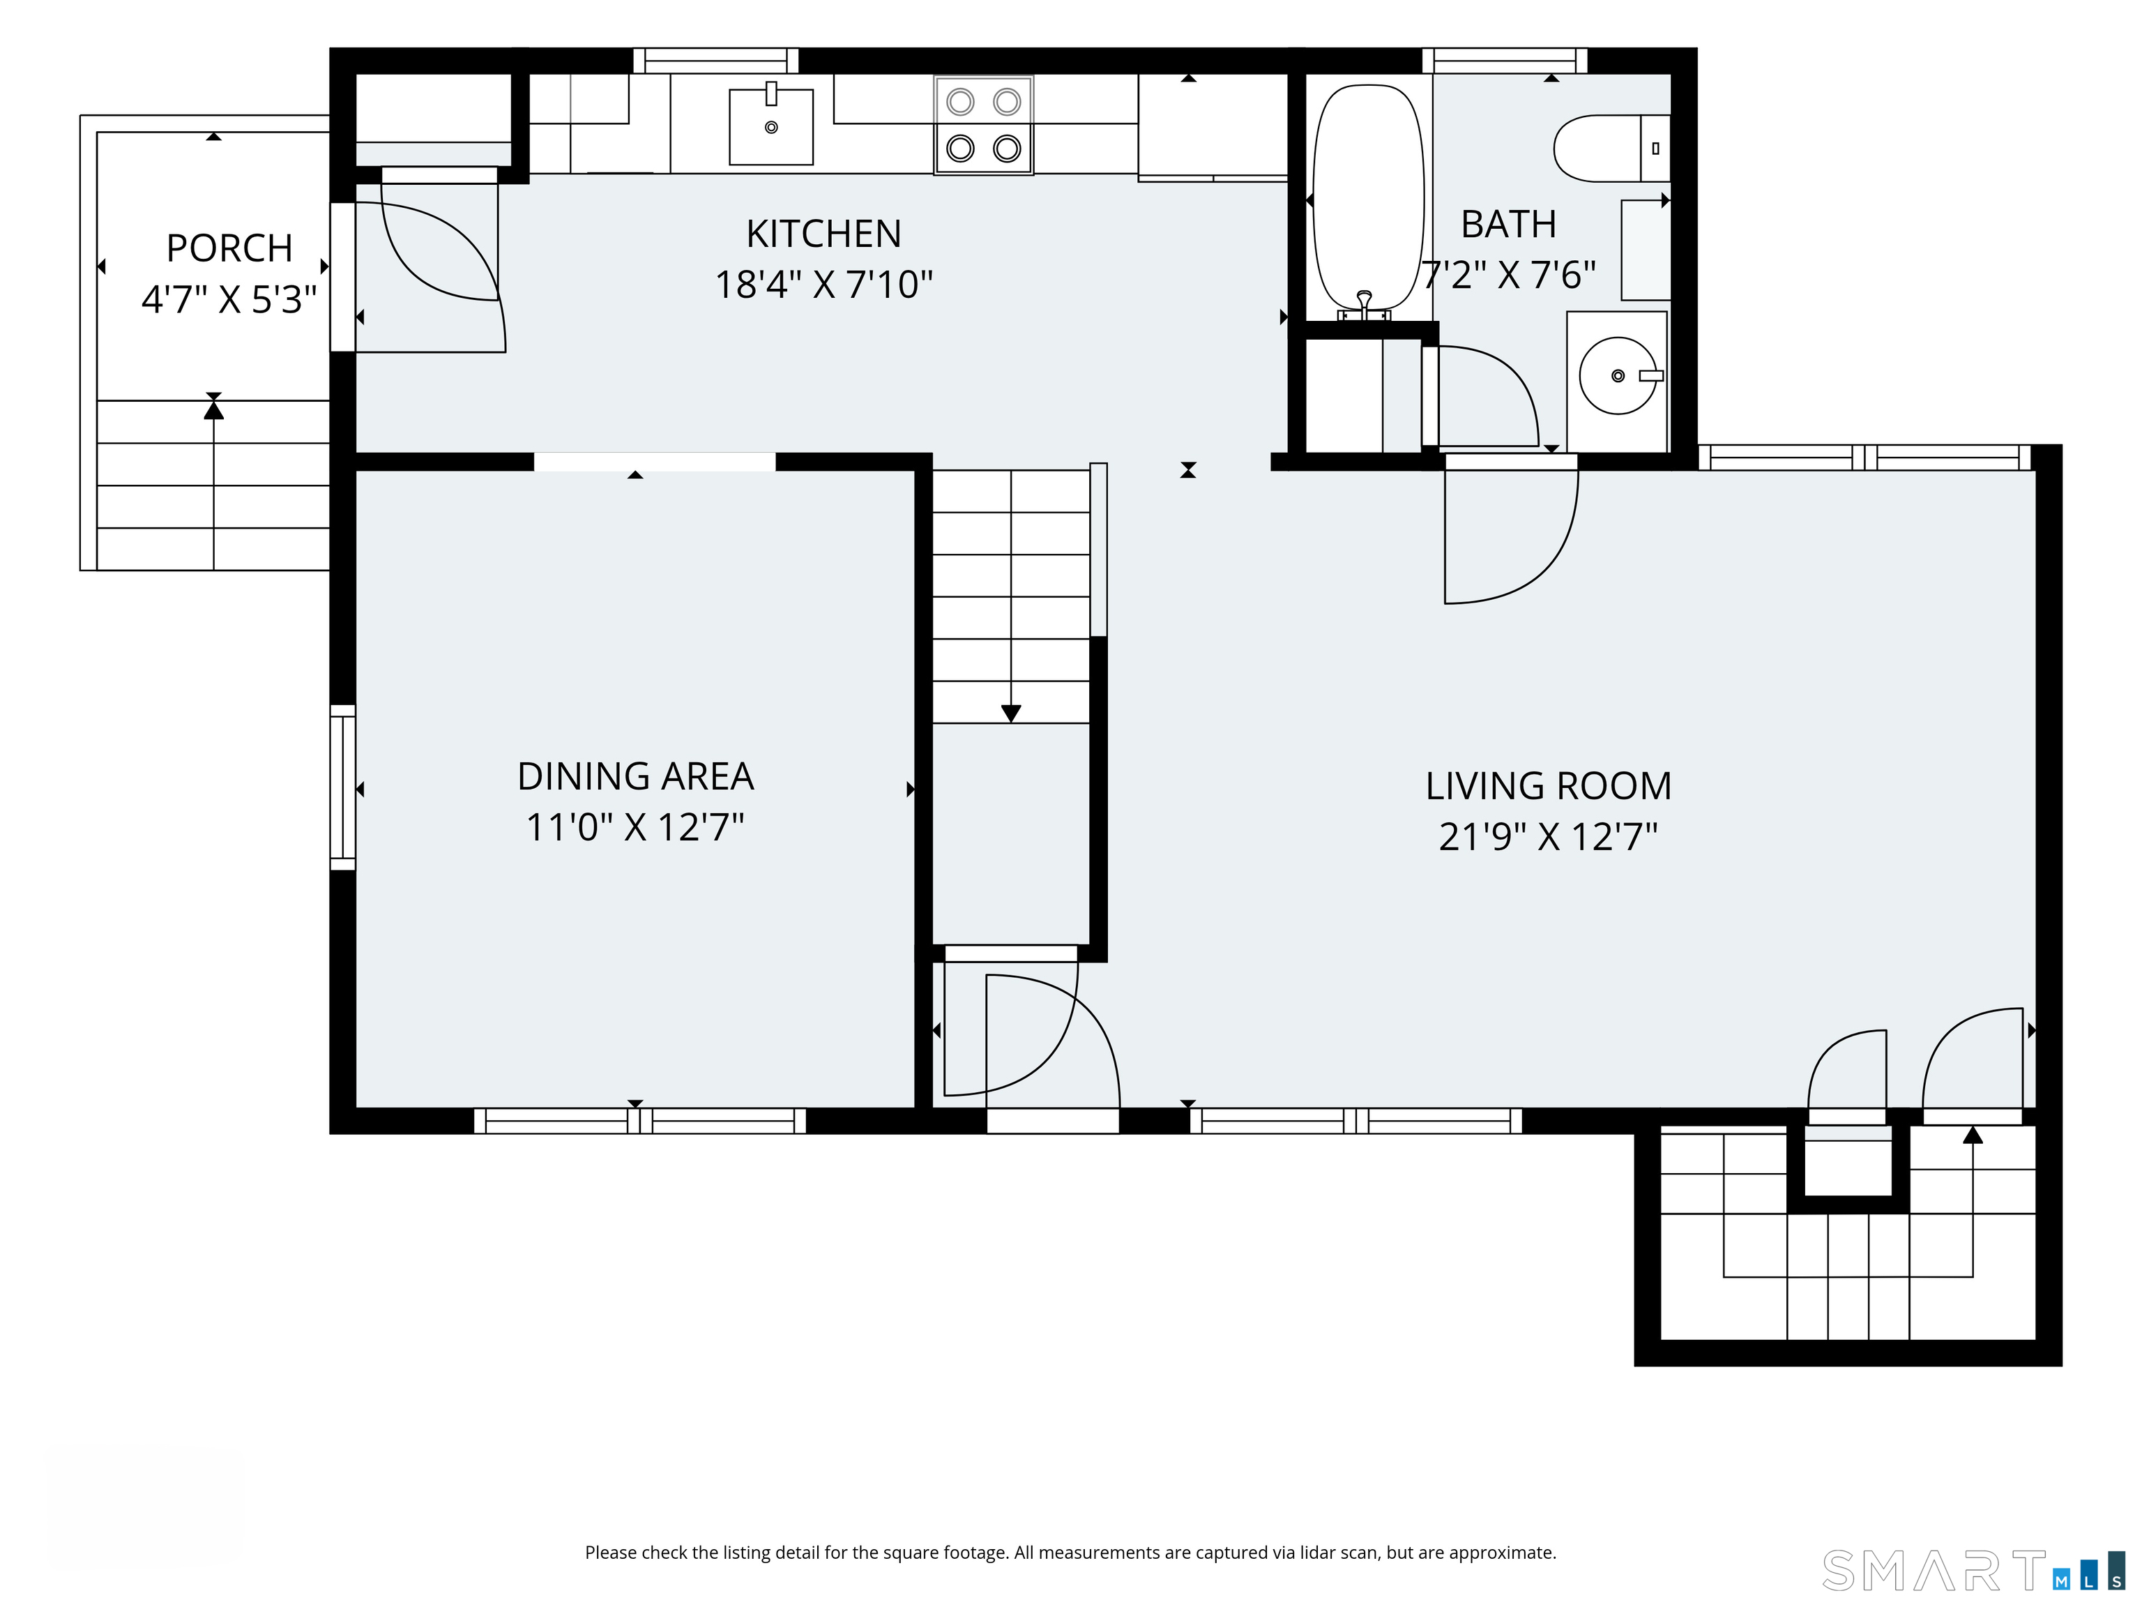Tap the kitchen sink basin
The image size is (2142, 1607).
pyautogui.click(x=770, y=127)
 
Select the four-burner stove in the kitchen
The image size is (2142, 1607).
pyautogui.click(x=984, y=125)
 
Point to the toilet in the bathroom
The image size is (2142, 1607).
pyautogui.click(x=1611, y=148)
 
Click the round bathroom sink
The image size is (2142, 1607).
pyautogui.click(x=1617, y=376)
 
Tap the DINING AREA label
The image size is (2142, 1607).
pyautogui.click(x=635, y=776)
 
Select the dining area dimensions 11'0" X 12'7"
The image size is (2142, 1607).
pyautogui.click(x=635, y=827)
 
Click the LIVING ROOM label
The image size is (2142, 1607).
pyautogui.click(x=1549, y=785)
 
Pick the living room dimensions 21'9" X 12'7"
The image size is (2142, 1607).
pyautogui.click(x=1549, y=836)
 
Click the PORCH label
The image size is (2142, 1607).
pyautogui.click(x=229, y=248)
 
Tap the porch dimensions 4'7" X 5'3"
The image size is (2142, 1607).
pyautogui.click(x=229, y=299)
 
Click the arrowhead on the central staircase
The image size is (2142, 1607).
pyautogui.click(x=1011, y=714)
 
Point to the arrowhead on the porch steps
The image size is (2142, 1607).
pyautogui.click(x=214, y=409)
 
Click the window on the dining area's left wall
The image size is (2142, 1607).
pyautogui.click(x=343, y=787)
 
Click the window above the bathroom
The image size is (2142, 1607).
pyautogui.click(x=1505, y=60)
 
